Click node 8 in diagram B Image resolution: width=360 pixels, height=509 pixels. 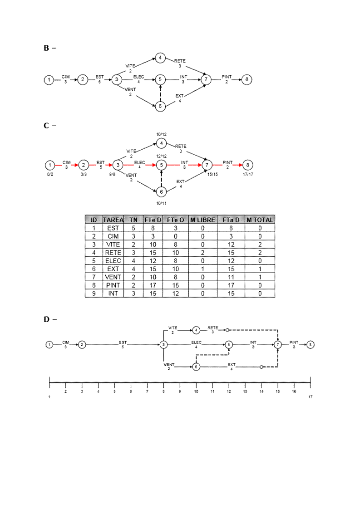click(x=247, y=79)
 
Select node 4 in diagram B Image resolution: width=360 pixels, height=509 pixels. click(x=161, y=58)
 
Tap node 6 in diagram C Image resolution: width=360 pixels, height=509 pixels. click(x=161, y=191)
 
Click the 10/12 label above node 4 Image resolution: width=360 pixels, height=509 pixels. click(x=161, y=134)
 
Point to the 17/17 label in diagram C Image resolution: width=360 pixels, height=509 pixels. click(x=248, y=174)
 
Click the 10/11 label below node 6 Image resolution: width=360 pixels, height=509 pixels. click(x=161, y=203)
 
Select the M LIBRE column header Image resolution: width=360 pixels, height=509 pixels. click(x=202, y=220)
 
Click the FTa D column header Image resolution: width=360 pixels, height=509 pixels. click(x=231, y=220)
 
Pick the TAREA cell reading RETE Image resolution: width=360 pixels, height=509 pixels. click(x=113, y=252)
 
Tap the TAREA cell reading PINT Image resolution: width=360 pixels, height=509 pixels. click(x=113, y=285)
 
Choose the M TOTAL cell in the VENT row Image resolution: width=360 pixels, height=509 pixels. click(x=260, y=277)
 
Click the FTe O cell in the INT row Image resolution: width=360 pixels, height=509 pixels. click(x=175, y=293)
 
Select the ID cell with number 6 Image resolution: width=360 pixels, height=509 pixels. click(x=94, y=269)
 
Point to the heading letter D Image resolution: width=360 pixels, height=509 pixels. click(x=46, y=319)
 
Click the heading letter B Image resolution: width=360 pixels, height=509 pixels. click(x=46, y=48)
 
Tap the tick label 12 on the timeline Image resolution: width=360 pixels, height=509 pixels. click(x=229, y=391)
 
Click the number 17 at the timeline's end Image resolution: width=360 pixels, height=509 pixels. click(x=311, y=397)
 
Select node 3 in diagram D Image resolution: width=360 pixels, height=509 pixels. click(x=164, y=345)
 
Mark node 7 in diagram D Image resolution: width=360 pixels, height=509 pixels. click(x=278, y=345)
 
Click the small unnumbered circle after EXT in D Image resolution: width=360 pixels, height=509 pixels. click(x=261, y=367)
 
